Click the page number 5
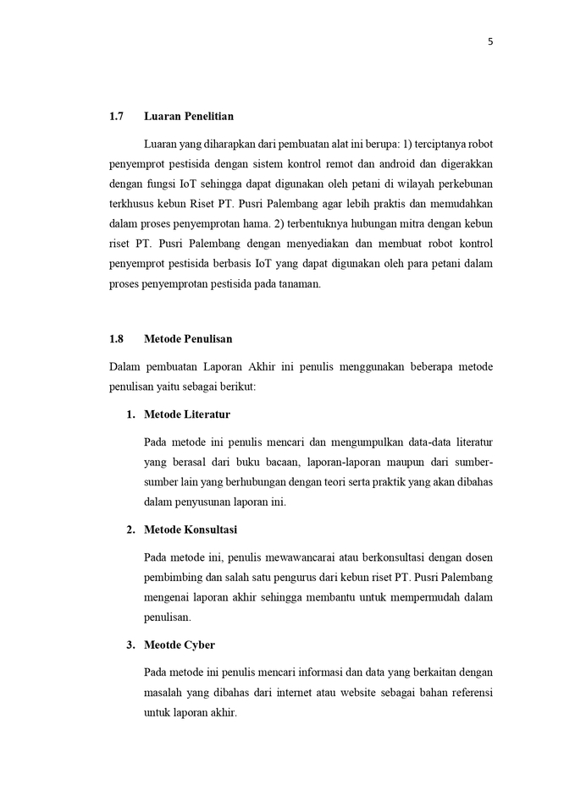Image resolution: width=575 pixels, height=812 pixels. click(489, 42)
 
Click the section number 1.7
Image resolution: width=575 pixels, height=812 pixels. click(117, 116)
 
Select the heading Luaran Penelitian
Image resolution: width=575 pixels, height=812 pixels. click(189, 116)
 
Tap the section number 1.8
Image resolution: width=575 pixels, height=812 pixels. click(117, 338)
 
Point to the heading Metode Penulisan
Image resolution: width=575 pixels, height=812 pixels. click(188, 338)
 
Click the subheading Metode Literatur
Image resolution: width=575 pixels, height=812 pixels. click(187, 414)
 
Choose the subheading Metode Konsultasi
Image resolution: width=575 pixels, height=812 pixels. click(191, 529)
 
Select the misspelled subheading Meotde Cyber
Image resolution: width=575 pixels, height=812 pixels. click(180, 645)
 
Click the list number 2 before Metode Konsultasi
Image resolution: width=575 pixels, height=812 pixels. click(130, 529)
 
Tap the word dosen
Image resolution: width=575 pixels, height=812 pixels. click(477, 557)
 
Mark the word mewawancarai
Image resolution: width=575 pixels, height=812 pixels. click(314, 557)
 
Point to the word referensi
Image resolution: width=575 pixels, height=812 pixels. click(467, 693)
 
